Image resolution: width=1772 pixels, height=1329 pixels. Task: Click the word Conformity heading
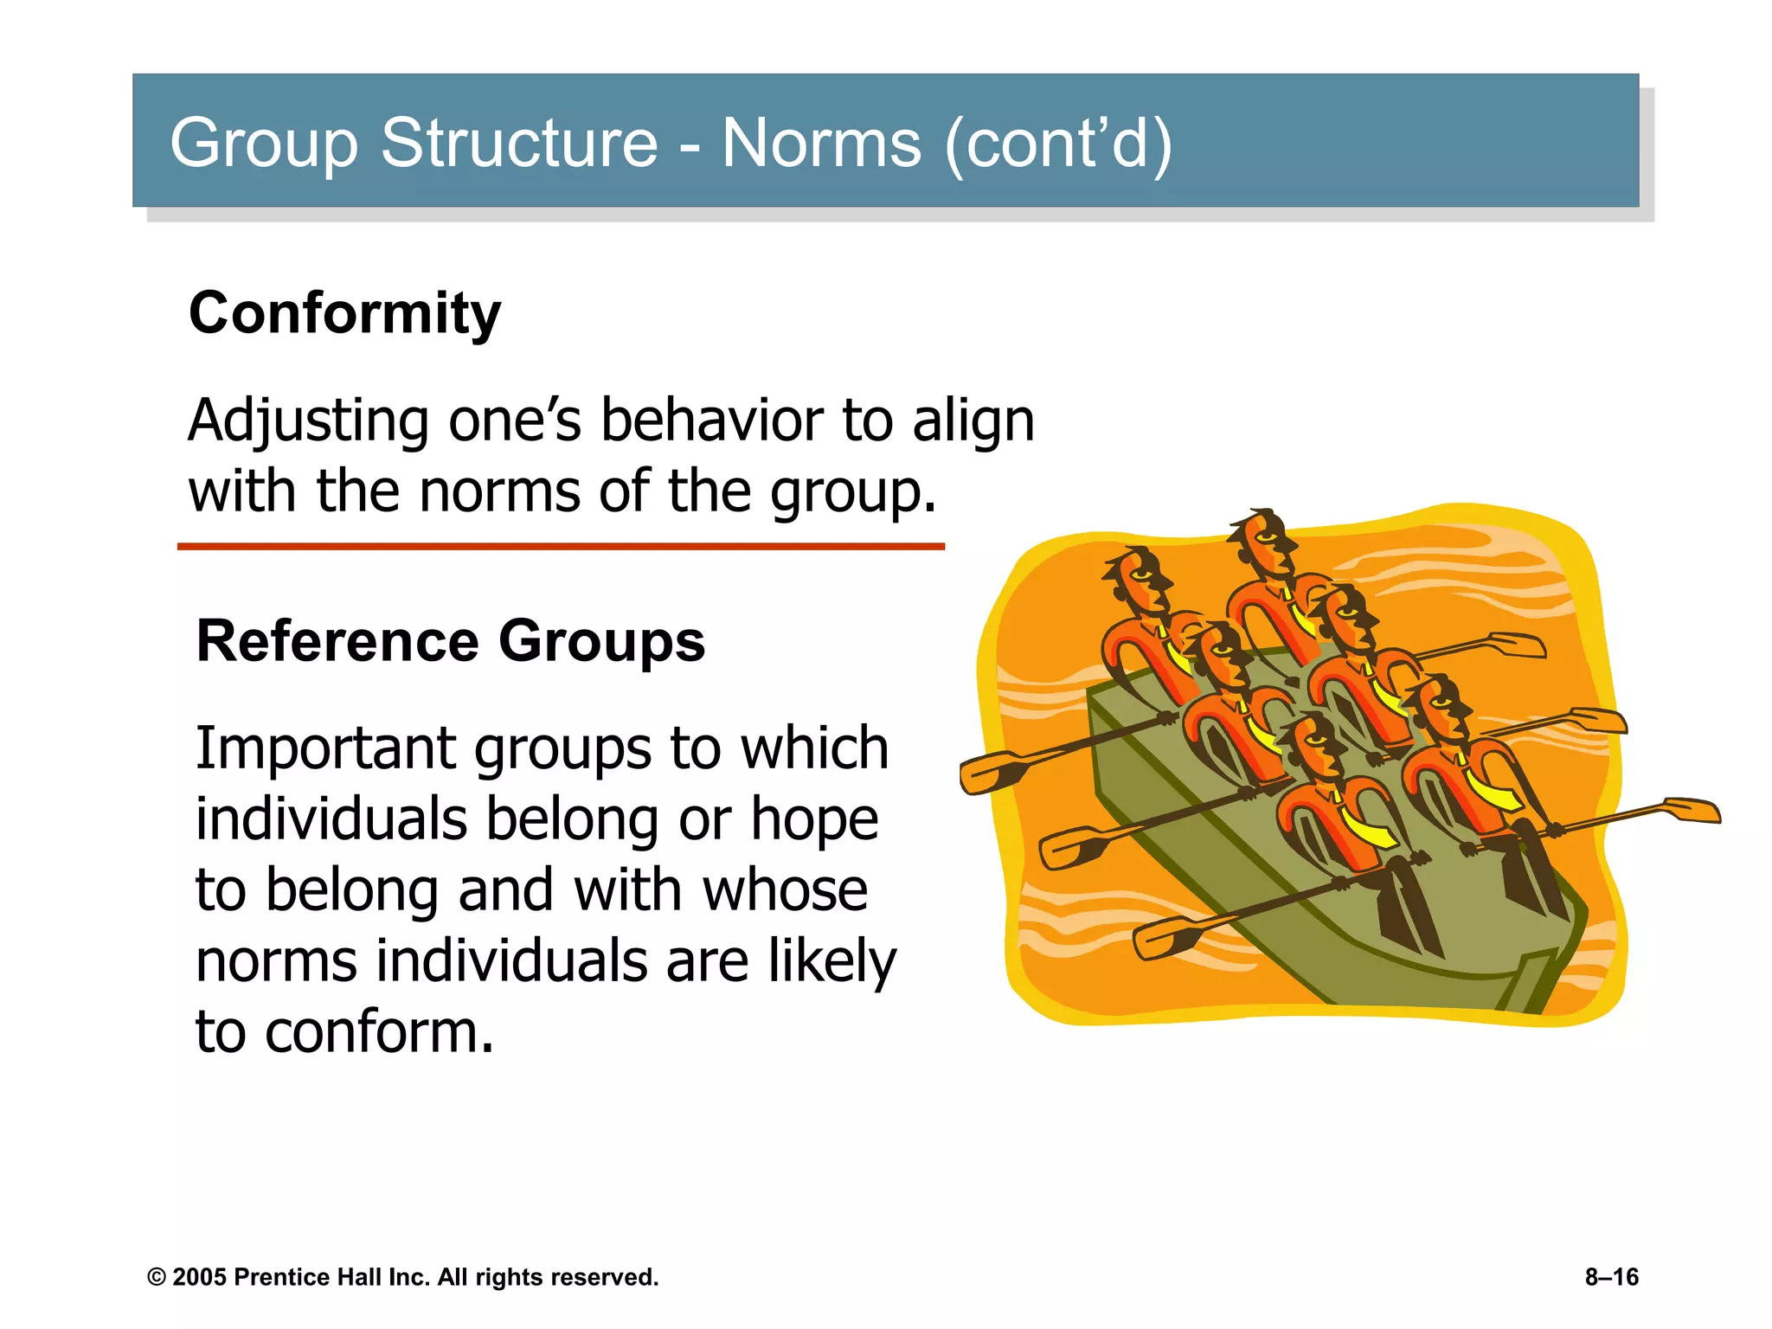pyautogui.click(x=344, y=313)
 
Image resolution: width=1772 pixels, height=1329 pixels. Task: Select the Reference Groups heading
pyautogui.click(x=451, y=641)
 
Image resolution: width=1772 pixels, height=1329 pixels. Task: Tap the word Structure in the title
pyautogui.click(x=519, y=143)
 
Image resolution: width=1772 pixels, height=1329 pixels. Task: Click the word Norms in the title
pyautogui.click(x=821, y=143)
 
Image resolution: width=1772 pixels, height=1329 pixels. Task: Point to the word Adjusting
pyautogui.click(x=308, y=421)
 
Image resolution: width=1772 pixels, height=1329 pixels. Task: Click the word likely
pyautogui.click(x=831, y=961)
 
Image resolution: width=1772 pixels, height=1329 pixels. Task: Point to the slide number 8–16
pyautogui.click(x=1611, y=1277)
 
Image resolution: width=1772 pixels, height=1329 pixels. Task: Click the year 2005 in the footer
pyautogui.click(x=200, y=1277)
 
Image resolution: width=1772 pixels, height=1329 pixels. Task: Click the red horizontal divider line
pyautogui.click(x=561, y=547)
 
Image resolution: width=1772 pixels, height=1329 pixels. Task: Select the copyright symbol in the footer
pyautogui.click(x=157, y=1278)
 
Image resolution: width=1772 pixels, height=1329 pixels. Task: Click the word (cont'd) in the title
pyautogui.click(x=1058, y=143)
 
